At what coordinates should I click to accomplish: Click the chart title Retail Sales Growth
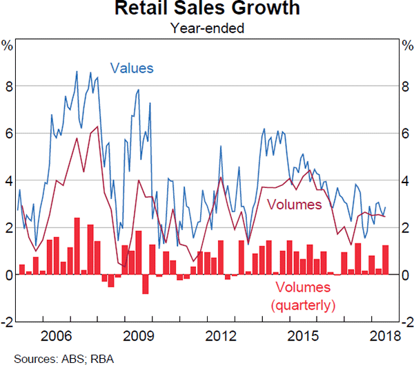[x=207, y=10]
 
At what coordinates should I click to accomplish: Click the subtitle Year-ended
[x=207, y=28]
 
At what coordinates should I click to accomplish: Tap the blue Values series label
[x=132, y=68]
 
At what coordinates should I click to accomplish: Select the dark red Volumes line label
[x=295, y=205]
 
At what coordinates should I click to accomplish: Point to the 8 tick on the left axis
[x=8, y=86]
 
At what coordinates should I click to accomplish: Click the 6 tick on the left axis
[x=8, y=133]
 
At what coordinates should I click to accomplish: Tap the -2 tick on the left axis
[x=7, y=321]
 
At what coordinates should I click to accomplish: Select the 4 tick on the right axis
[x=406, y=180]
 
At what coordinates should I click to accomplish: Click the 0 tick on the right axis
[x=406, y=274]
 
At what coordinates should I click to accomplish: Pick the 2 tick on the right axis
[x=406, y=227]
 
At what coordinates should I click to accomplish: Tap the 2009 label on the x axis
[x=138, y=337]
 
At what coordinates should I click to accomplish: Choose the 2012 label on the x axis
[x=220, y=337]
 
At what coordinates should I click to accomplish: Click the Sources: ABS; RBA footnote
[x=47, y=358]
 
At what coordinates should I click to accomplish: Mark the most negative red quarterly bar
[x=146, y=284]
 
